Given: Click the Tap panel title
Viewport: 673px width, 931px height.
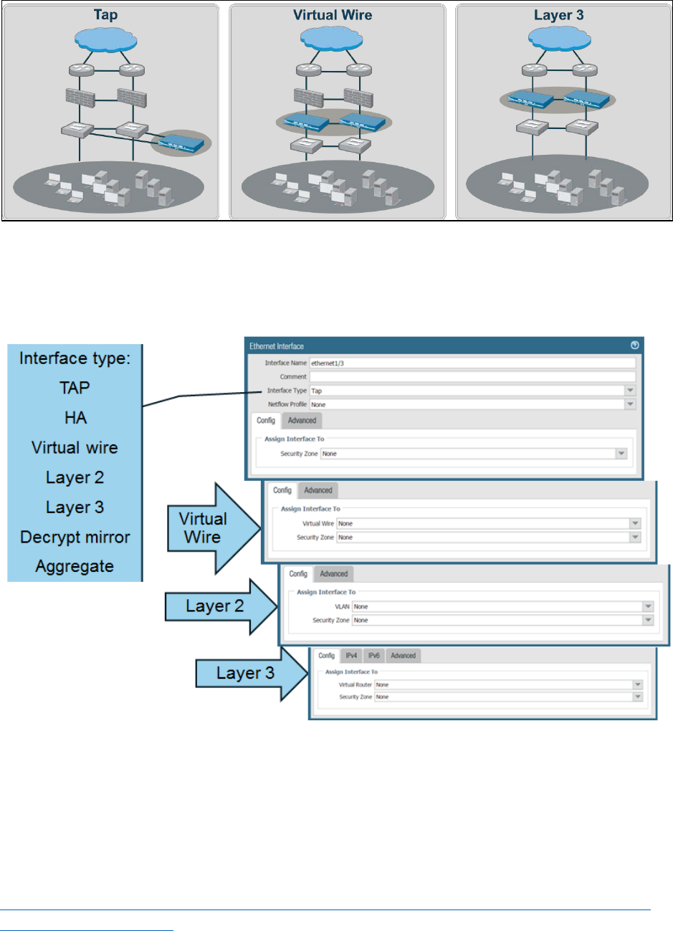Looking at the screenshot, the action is (105, 15).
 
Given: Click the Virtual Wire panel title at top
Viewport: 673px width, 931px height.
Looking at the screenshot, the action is (333, 15).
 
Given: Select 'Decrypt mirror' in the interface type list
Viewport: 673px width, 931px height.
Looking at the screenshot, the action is (75, 537).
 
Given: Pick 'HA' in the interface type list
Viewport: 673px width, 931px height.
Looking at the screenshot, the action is (75, 418).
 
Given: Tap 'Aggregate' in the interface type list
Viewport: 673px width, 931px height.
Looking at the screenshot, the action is (75, 566).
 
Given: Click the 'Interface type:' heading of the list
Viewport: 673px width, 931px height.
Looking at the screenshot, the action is (75, 358).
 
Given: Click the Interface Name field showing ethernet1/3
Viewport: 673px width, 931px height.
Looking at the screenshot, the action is (472, 363).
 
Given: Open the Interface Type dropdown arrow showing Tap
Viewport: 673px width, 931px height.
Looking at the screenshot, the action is (630, 391).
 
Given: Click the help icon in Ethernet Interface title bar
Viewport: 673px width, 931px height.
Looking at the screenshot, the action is (634, 345).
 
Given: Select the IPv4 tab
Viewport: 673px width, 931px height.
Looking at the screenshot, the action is (351, 656).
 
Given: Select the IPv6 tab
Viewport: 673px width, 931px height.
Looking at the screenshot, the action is (373, 656).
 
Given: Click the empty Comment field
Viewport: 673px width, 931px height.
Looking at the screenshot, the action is (472, 377).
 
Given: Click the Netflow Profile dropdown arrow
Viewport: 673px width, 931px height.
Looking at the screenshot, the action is (630, 404).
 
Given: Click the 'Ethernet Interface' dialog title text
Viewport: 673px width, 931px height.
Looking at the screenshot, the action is (277, 346).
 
